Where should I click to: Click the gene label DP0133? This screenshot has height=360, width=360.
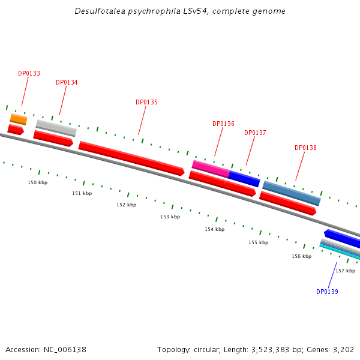tap(29, 73)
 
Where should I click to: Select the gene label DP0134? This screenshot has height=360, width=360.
tap(67, 82)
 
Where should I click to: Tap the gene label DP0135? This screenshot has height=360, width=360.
tap(146, 102)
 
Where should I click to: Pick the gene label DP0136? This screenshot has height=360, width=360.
tap(223, 124)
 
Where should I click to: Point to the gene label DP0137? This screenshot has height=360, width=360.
tap(255, 133)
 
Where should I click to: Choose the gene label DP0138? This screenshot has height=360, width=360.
tap(305, 148)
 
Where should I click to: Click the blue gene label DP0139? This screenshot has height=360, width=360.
tap(327, 292)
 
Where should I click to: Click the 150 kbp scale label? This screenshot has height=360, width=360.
tap(37, 182)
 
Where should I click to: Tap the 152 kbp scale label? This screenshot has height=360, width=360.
tap(126, 205)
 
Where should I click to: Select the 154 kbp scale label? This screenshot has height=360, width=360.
tap(214, 229)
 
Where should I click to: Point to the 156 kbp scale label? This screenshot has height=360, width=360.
tap(301, 256)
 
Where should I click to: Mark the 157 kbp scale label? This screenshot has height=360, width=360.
tap(345, 271)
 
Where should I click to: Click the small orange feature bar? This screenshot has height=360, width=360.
tap(19, 119)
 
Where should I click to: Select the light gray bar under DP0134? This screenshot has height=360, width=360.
tap(56, 128)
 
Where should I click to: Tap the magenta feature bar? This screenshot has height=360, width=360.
tap(210, 168)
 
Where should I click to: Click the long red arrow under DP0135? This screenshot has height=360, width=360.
tap(131, 158)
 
